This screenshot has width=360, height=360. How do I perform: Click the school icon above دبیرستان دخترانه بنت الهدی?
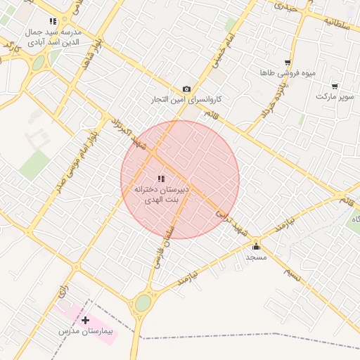[x=160, y=179]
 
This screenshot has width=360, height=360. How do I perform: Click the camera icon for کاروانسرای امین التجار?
[x=186, y=89]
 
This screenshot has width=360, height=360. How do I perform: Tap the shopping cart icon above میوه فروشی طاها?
[x=288, y=63]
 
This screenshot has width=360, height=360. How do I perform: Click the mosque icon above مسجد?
[x=256, y=246]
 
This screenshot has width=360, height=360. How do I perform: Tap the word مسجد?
[x=255, y=257]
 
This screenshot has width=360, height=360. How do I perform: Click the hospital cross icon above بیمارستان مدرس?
[x=86, y=320]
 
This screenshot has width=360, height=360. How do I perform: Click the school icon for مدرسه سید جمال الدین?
[x=53, y=22]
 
